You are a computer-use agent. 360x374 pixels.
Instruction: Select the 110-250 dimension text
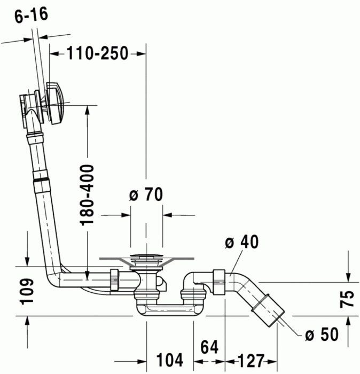click(97, 53)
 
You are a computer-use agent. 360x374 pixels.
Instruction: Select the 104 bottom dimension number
click(170, 359)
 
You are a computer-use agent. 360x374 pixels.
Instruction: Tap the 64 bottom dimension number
click(210, 347)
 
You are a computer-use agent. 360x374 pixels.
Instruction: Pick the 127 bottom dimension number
click(249, 359)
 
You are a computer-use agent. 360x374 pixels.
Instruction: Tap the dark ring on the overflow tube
click(40, 182)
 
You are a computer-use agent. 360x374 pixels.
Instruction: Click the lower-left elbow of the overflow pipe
click(53, 280)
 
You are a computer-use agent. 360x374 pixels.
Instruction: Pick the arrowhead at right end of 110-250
click(142, 53)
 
